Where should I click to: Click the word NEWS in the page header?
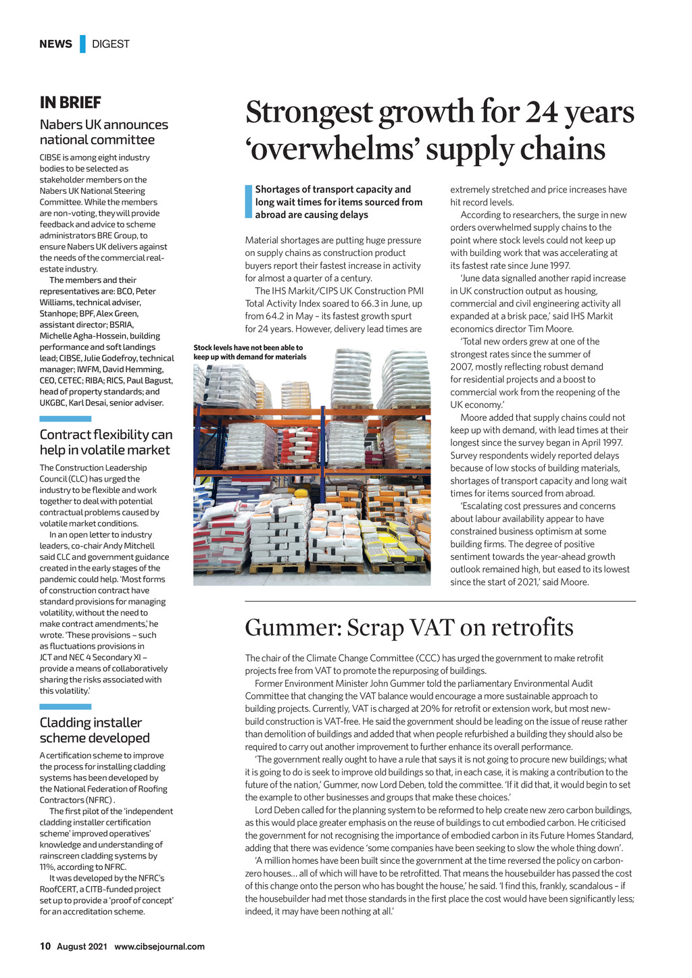55,44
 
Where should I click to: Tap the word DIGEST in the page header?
111,44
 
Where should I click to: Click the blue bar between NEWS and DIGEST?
82,44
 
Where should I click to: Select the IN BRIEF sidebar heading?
70,103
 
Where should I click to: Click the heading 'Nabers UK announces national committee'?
103,132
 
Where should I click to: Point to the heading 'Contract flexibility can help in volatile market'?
106,442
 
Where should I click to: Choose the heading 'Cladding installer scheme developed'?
95,730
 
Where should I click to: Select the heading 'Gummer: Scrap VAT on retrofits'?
409,627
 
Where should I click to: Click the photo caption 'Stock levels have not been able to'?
248,347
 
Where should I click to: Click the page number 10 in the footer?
45,946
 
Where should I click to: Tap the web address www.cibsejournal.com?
159,946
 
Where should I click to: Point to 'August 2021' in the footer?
82,946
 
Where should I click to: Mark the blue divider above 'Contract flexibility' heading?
65,419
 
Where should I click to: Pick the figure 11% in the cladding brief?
47,867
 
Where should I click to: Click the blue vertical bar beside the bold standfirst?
249,202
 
